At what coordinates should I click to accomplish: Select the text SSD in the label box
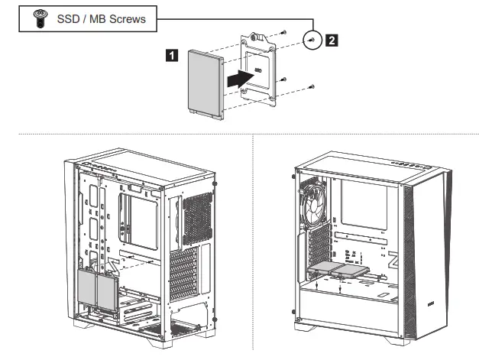point(69,19)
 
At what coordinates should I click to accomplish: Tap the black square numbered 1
point(173,54)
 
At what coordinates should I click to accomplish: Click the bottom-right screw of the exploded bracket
point(311,87)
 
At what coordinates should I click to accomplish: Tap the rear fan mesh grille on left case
point(197,217)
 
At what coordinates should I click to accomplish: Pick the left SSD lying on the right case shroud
point(325,268)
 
